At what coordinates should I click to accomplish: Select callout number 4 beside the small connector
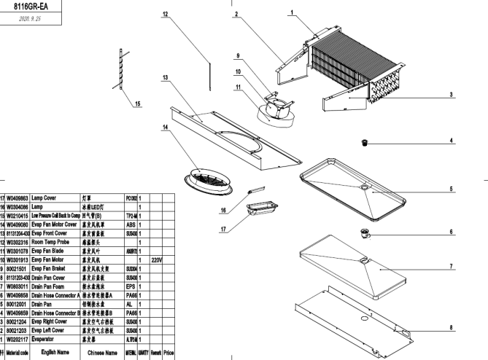pos(451,140)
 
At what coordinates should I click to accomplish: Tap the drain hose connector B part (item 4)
pos(364,143)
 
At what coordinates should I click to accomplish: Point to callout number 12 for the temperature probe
pos(166,15)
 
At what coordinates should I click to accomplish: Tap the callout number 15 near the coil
pos(138,102)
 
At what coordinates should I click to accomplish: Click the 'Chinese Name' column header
pos(101,352)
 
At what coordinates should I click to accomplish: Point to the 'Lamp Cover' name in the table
pos(45,197)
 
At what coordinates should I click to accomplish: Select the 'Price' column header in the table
pos(168,352)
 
